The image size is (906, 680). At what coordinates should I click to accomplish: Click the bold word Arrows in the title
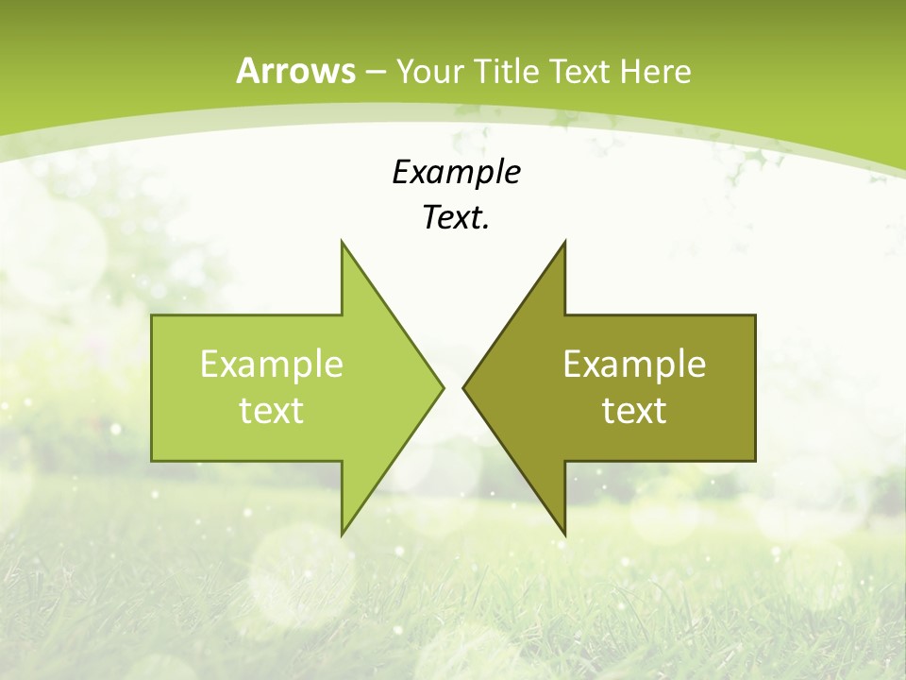(x=296, y=71)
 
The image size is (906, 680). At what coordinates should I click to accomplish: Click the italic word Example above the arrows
(x=456, y=173)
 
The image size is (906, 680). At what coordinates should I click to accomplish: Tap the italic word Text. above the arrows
(x=456, y=218)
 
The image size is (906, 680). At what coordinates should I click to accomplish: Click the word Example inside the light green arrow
(x=272, y=365)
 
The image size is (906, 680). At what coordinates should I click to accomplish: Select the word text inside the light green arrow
(x=272, y=411)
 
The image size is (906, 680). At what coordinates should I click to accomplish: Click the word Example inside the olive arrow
(x=634, y=365)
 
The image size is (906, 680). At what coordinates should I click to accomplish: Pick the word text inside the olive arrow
(x=634, y=411)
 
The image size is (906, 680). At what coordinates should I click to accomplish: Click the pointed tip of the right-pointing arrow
(x=444, y=387)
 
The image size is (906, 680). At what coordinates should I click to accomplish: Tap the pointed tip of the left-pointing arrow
(x=463, y=387)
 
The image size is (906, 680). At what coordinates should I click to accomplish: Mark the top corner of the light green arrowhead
(x=342, y=241)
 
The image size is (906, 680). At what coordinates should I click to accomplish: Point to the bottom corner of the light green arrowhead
(x=342, y=535)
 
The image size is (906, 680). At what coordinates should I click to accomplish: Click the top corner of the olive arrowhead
(x=564, y=241)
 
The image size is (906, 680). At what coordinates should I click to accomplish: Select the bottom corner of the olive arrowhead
(x=564, y=535)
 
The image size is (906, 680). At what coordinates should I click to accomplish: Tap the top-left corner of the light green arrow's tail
(x=152, y=315)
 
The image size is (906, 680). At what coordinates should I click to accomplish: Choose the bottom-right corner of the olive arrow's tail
(x=755, y=461)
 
